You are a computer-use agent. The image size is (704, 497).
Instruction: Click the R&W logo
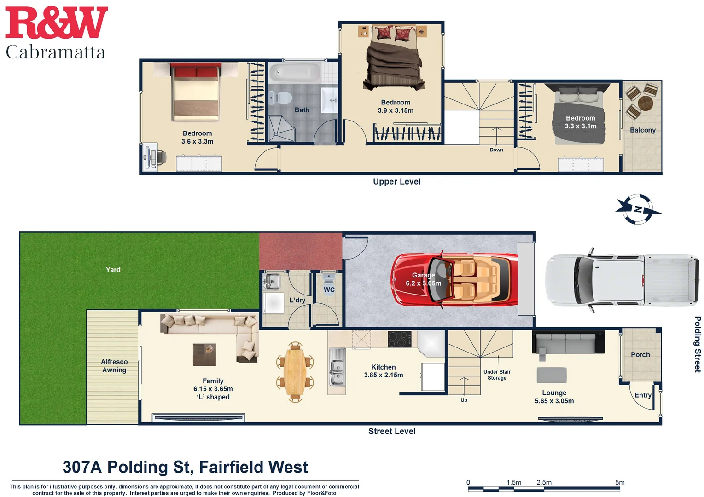click(56, 23)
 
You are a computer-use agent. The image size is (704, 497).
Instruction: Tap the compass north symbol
click(638, 209)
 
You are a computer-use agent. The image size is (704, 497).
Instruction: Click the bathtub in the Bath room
click(295, 73)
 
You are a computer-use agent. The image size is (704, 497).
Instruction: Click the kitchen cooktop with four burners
click(399, 340)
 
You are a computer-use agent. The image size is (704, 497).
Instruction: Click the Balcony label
click(642, 130)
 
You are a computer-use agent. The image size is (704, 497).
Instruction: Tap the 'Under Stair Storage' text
click(497, 375)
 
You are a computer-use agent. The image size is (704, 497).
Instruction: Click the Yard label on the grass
click(113, 270)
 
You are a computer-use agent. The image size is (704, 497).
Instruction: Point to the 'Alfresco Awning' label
click(114, 366)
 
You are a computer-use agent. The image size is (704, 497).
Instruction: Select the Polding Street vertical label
click(697, 344)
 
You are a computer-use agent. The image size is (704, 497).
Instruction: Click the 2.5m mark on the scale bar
click(544, 483)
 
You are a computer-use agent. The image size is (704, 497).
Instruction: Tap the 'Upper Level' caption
click(396, 182)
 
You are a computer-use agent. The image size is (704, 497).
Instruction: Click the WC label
click(329, 289)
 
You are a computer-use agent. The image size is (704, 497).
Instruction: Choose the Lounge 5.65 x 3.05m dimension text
click(554, 401)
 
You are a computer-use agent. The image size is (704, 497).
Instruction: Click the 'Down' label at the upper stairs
click(496, 150)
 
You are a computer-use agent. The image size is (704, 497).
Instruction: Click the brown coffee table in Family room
click(204, 354)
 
